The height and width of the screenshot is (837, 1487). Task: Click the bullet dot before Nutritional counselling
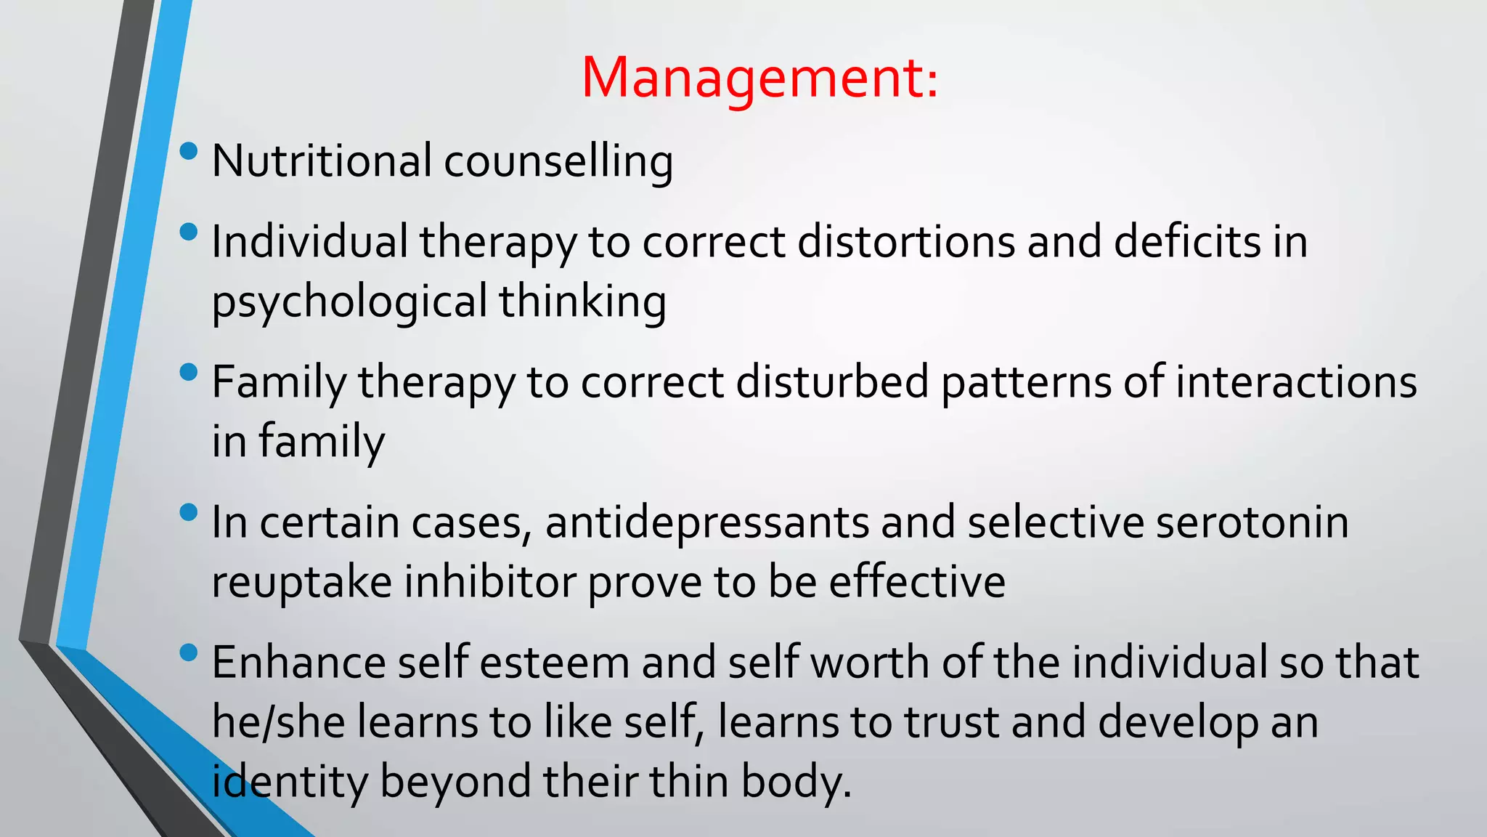(189, 151)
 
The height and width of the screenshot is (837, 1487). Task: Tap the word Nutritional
(322, 161)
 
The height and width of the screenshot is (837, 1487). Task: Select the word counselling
(558, 161)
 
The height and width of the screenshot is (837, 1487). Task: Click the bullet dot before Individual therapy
(189, 232)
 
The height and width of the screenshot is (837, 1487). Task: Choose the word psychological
(349, 302)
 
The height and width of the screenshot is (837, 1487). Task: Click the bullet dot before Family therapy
(189, 373)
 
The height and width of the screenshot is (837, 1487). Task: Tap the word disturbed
(833, 382)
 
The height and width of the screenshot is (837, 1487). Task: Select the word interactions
(1296, 382)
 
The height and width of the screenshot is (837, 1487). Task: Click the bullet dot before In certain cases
(189, 513)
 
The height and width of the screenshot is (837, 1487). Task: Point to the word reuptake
(302, 583)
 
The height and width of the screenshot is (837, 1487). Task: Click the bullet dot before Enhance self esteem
(189, 652)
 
